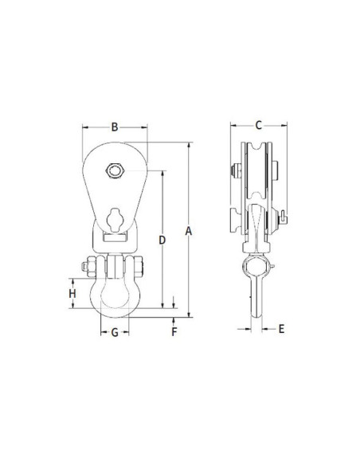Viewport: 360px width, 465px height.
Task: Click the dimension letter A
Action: pos(189,231)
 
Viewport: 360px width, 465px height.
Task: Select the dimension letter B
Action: pos(115,127)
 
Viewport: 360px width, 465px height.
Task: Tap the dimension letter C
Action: pos(259,125)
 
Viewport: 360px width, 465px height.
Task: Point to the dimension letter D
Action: pos(162,240)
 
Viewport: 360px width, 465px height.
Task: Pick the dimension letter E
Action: pos(281,329)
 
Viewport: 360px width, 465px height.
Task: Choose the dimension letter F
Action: pos(174,331)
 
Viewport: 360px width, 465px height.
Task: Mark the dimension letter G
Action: pos(115,333)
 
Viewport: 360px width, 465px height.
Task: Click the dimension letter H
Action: pos(72,294)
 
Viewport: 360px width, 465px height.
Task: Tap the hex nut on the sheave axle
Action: pos(115,170)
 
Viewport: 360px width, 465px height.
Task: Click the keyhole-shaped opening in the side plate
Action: pos(115,220)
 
